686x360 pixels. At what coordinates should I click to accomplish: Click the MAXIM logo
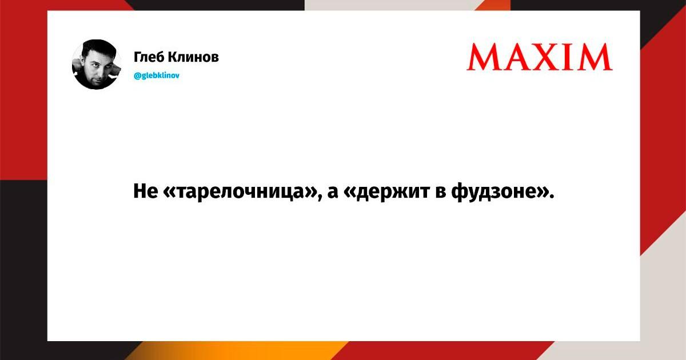pyautogui.click(x=540, y=57)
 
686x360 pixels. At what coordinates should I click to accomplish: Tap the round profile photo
pyautogui.click(x=97, y=64)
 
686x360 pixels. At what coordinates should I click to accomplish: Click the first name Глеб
pyautogui.click(x=149, y=57)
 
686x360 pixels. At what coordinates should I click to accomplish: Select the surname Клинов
pyautogui.click(x=194, y=57)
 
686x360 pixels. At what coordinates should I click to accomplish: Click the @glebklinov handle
pyautogui.click(x=157, y=75)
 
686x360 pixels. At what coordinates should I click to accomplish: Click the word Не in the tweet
pyautogui.click(x=146, y=191)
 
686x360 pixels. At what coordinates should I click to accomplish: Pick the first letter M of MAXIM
pyautogui.click(x=485, y=57)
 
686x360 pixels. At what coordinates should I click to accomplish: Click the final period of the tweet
pyautogui.click(x=552, y=196)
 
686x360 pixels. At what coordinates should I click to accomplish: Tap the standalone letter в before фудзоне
pyautogui.click(x=440, y=193)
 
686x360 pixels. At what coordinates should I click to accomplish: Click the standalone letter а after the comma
pyautogui.click(x=333, y=193)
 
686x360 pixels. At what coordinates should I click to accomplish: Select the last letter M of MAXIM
pyautogui.click(x=598, y=57)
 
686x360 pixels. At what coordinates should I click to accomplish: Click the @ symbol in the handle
pyautogui.click(x=137, y=75)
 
